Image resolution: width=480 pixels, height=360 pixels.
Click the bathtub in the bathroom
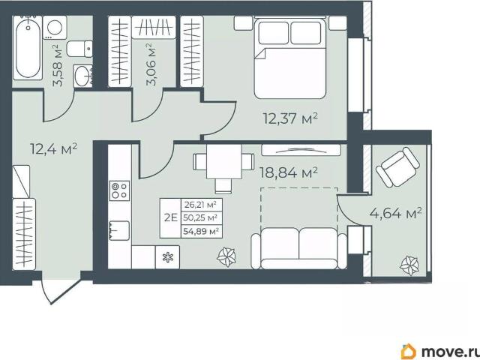pyautogui.click(x=27, y=48)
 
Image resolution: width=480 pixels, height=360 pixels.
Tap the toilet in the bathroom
pyautogui.click(x=79, y=49)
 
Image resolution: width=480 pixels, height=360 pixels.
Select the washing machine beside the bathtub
pyautogui.click(x=55, y=28)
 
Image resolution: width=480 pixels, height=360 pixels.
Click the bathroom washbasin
pyautogui.click(x=82, y=76)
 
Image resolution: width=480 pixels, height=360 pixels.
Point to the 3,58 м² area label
pyautogui.click(x=58, y=65)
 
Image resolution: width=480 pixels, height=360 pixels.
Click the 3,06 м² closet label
pyautogui.click(x=151, y=64)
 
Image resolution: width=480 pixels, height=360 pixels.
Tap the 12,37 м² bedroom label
pyautogui.click(x=290, y=118)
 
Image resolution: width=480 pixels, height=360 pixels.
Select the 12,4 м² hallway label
pyautogui.click(x=53, y=148)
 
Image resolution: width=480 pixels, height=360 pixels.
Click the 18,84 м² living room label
pyautogui.click(x=288, y=172)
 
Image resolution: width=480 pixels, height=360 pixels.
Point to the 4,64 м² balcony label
pyautogui.click(x=395, y=213)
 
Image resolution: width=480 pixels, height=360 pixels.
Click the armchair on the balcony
pyautogui.click(x=397, y=166)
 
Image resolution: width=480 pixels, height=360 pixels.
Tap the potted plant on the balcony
pyautogui.click(x=409, y=265)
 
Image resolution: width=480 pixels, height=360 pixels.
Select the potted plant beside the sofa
pyautogui.click(x=226, y=256)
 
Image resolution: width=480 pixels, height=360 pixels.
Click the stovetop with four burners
pyautogui.click(x=120, y=190)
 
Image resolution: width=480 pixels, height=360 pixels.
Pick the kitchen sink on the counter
pyautogui.click(x=119, y=230)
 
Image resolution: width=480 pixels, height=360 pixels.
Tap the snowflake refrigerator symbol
pyautogui.click(x=167, y=257)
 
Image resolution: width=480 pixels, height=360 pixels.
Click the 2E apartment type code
pyautogui.click(x=171, y=218)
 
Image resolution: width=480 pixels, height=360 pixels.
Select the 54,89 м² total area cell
pyautogui.click(x=201, y=232)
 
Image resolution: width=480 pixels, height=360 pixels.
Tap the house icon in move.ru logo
pyautogui.click(x=408, y=351)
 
